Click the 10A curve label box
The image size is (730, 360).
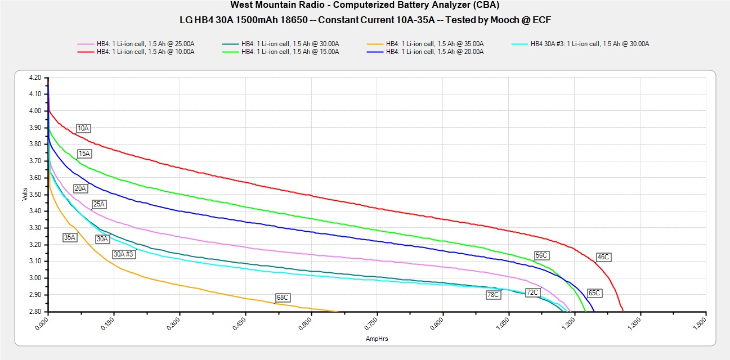(83, 128)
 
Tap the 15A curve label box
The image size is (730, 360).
(84, 153)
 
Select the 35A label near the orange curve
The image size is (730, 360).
(70, 237)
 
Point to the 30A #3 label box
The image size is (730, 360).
(123, 254)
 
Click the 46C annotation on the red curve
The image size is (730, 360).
(603, 257)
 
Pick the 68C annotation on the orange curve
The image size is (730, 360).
(282, 297)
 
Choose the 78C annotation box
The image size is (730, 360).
(493, 294)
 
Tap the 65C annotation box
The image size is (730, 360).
(594, 293)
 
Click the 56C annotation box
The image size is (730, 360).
(541, 255)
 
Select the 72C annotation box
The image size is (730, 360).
(532, 292)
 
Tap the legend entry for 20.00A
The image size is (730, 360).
(435, 52)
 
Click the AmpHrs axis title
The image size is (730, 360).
(377, 339)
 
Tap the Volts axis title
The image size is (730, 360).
(24, 195)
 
